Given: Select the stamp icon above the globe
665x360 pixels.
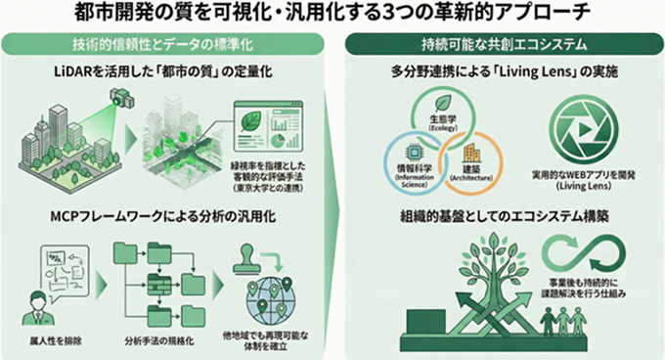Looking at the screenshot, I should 243,260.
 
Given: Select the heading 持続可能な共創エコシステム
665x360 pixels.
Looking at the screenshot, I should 502,43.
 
